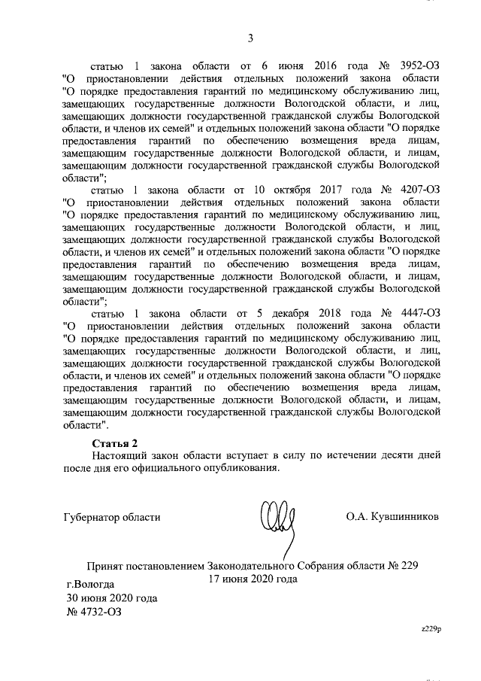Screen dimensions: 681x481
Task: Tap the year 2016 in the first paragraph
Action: (x=319, y=65)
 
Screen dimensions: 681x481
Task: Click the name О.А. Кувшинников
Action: (x=392, y=517)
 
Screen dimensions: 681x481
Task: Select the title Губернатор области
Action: (x=111, y=517)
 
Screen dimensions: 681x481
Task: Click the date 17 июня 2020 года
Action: (x=253, y=579)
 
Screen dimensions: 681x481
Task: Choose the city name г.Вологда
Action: (x=90, y=584)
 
